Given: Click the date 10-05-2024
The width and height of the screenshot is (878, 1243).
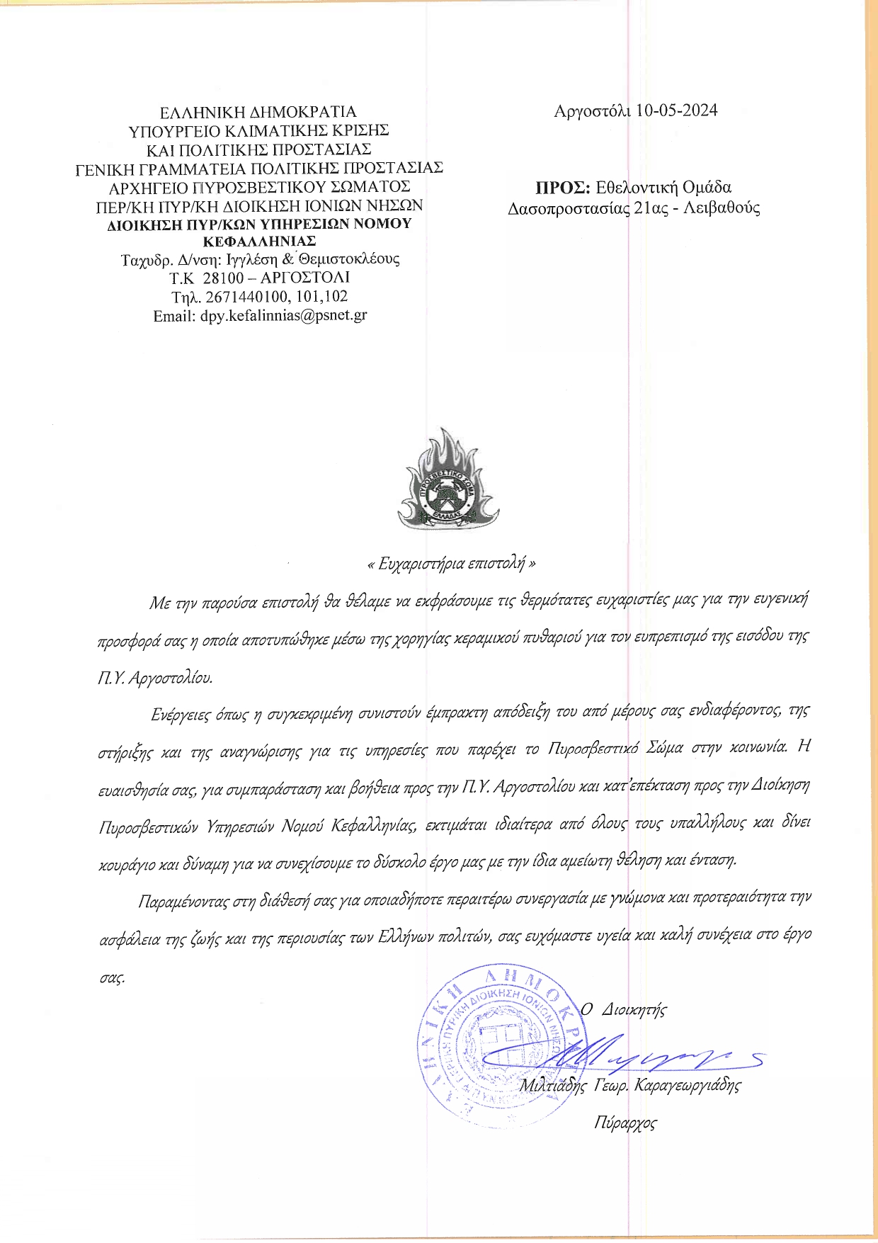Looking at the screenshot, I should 676,110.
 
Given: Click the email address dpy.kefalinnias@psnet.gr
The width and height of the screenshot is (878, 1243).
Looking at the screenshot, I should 283,316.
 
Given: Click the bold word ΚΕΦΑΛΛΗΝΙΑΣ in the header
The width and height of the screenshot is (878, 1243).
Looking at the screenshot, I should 259,242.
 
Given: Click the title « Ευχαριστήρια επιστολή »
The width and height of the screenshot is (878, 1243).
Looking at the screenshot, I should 452,564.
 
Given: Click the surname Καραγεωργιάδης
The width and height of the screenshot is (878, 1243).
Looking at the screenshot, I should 687,1085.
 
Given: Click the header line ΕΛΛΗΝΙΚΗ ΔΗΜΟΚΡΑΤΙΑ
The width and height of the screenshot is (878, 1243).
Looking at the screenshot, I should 258,112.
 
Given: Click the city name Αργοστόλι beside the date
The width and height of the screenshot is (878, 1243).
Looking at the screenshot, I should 592,110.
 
